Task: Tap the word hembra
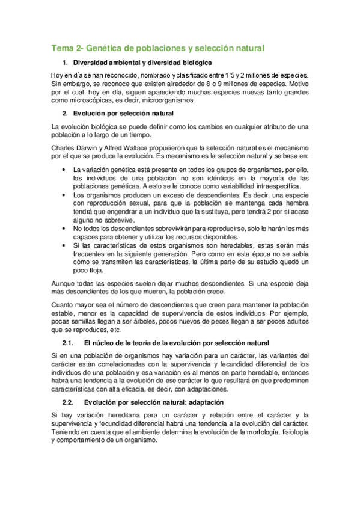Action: tap(295, 212)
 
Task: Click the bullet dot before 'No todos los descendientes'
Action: tap(65, 229)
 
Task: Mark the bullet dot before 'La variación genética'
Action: tap(65, 170)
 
